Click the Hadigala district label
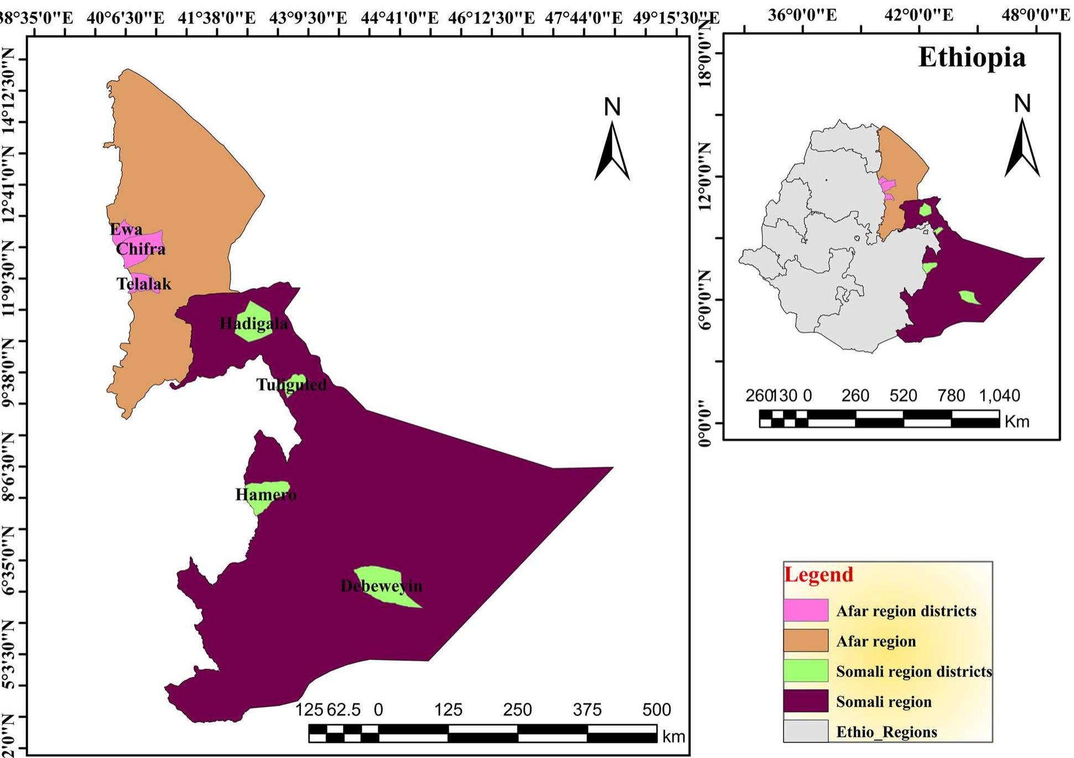coord(253,324)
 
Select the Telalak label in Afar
coord(144,284)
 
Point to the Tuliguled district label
coord(292,385)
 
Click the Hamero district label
coord(266,494)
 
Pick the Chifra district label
coord(141,248)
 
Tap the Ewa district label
coord(126,229)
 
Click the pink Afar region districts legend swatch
coord(806,610)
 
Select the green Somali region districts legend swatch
coord(806,671)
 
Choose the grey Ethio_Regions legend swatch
coord(806,731)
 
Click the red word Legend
coord(819,574)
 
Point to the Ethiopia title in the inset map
coord(972,57)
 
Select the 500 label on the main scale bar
coord(656,709)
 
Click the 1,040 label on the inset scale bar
coord(999,396)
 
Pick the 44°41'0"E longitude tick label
coord(399,18)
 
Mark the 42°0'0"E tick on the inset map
coord(919,15)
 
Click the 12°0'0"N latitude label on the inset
coord(704,176)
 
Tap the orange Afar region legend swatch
coord(806,641)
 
